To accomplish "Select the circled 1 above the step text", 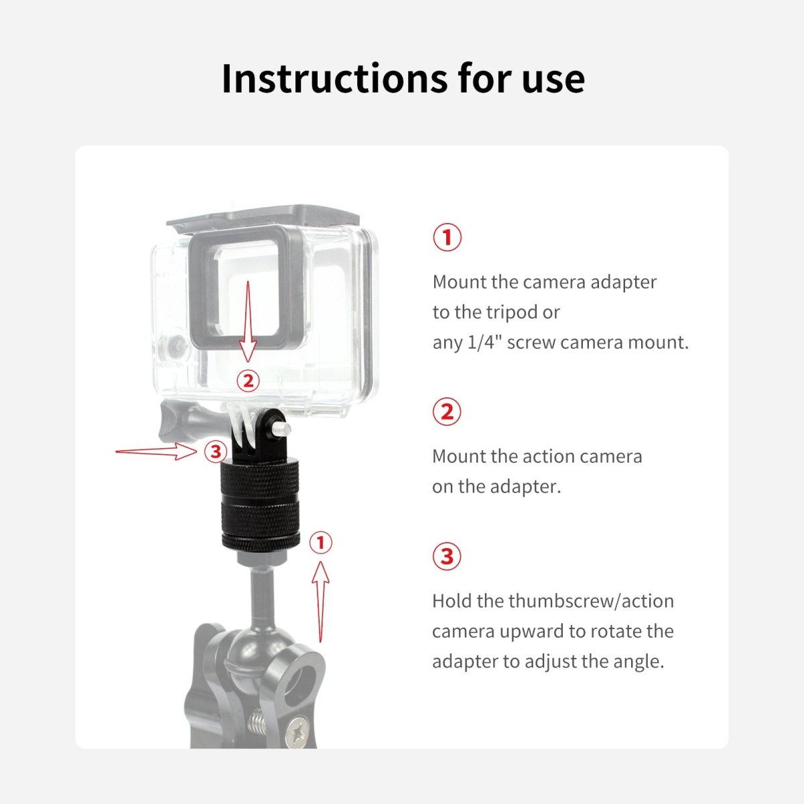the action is pos(448,237).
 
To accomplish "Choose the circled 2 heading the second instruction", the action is pos(447,411).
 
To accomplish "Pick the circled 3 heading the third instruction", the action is pos(447,556).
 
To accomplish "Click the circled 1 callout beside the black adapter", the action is pos(320,543).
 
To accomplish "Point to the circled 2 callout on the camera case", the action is pos(249,381).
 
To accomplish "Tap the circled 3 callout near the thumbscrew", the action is pos(216,452).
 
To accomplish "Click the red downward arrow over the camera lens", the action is pos(249,322).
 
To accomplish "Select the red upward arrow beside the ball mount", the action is pos(320,602).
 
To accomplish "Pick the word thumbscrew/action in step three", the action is pos(591,601).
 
